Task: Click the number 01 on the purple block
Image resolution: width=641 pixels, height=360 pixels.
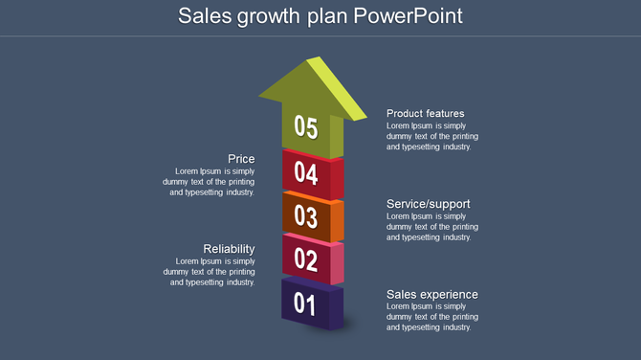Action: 304,304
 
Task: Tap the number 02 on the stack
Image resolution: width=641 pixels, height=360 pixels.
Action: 305,259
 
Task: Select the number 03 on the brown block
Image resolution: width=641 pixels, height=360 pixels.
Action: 305,215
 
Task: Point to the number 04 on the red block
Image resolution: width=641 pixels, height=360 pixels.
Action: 305,172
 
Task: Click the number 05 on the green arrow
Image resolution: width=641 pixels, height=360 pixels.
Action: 305,126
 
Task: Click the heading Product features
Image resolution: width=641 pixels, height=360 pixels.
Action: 425,113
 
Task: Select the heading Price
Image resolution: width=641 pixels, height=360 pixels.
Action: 241,159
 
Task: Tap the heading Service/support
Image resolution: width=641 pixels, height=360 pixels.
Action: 428,204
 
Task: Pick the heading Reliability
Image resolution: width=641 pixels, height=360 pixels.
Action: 229,249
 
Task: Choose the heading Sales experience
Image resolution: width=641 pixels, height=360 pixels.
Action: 431,294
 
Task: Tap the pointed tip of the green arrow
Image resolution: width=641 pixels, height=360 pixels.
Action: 310,59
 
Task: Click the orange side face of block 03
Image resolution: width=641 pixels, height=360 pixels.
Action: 337,221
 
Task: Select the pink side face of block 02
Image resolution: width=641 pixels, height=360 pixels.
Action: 337,264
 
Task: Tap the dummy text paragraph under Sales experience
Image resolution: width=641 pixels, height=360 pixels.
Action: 432,317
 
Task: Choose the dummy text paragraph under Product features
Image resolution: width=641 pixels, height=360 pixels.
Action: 432,136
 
